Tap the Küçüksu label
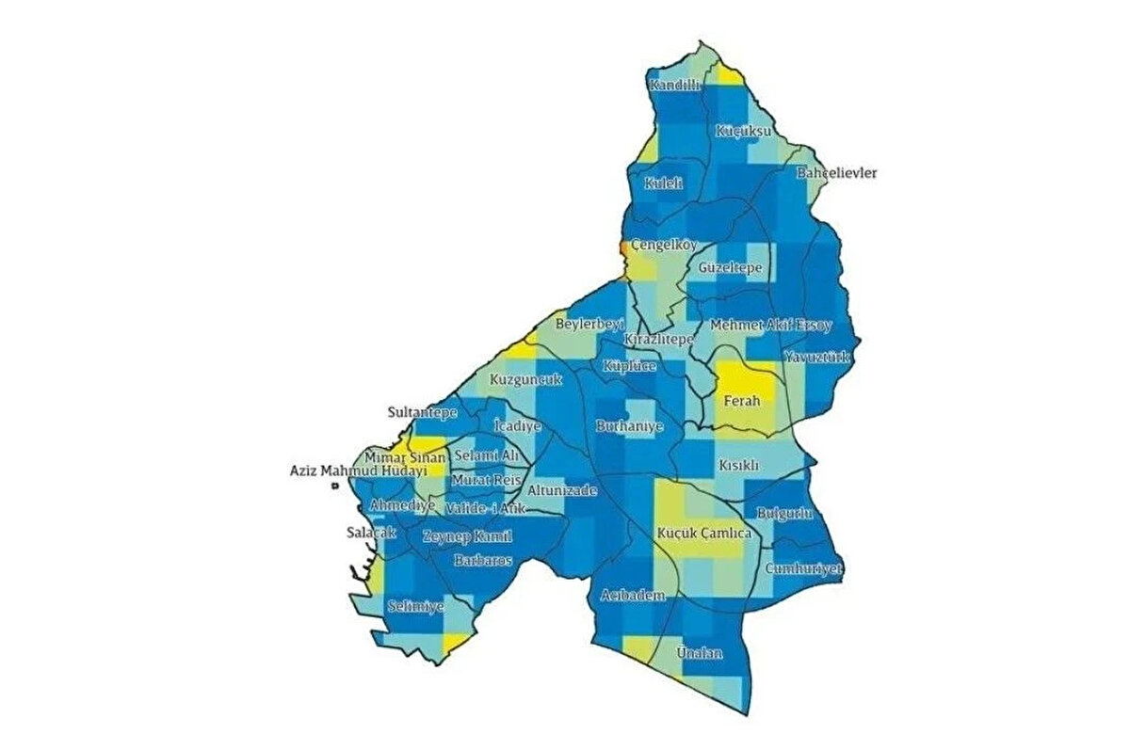point(743,131)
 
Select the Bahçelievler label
point(836,174)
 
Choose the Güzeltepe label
point(730,268)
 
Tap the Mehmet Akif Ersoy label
point(770,325)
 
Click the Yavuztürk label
point(816,359)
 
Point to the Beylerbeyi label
point(590,324)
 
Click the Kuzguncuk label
point(525,380)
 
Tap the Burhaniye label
point(630,426)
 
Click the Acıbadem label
point(633,596)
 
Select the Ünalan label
point(700,652)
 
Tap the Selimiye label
point(415,607)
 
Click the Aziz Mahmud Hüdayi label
point(358,471)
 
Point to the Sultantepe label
point(423,412)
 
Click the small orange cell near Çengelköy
point(622,247)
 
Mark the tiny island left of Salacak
point(334,487)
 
